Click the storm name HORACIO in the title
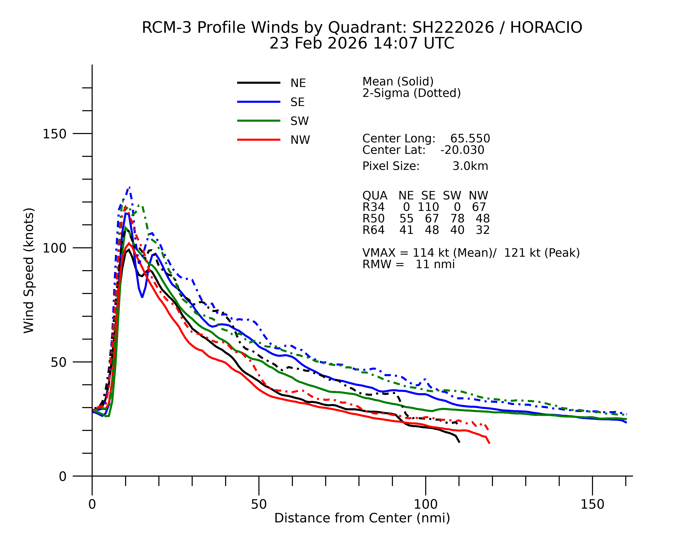point(546,28)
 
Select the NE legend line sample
point(258,83)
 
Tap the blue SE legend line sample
point(258,102)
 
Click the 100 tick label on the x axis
point(425,504)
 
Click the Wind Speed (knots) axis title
point(29,270)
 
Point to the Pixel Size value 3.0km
point(470,166)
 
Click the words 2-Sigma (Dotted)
point(411,93)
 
